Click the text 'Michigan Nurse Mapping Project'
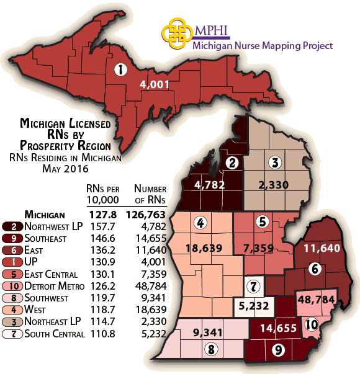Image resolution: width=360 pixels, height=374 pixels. click(x=263, y=45)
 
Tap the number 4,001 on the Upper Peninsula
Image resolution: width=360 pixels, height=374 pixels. click(x=155, y=85)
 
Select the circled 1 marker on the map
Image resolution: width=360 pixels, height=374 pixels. click(x=120, y=70)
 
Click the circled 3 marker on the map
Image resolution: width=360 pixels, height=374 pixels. click(x=274, y=163)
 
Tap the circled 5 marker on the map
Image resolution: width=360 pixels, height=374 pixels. click(x=262, y=221)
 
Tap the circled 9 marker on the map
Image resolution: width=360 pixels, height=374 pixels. click(x=276, y=350)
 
